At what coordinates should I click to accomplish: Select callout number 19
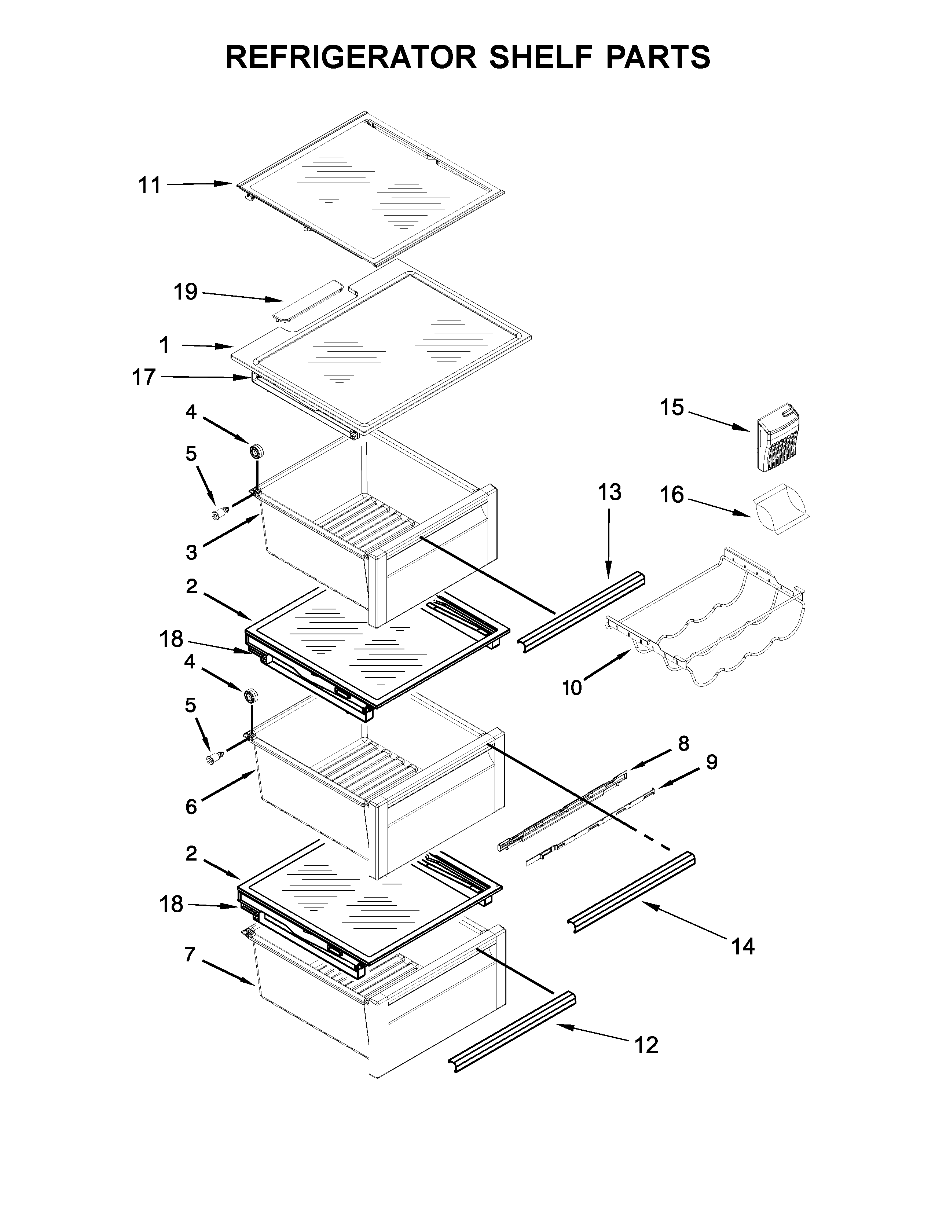tap(186, 291)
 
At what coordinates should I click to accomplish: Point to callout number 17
tap(143, 377)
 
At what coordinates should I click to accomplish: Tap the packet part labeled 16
tap(780, 507)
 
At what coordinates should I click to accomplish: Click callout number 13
tap(609, 491)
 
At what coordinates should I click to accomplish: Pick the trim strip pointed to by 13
tap(582, 612)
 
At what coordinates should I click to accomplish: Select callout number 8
tap(683, 744)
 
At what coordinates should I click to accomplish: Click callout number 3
tap(191, 552)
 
